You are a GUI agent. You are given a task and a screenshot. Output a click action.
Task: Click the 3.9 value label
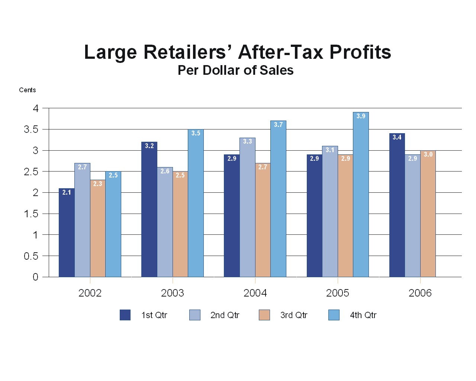361,116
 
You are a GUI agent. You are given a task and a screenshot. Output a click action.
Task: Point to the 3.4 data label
397,137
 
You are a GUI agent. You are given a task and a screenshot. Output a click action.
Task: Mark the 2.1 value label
67,192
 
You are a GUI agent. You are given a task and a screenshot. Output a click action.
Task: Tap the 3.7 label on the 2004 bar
278,125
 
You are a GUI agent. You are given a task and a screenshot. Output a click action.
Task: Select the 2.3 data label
97,184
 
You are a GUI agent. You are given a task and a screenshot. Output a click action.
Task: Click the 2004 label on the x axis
255,293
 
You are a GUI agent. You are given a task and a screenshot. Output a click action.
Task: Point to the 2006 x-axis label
420,293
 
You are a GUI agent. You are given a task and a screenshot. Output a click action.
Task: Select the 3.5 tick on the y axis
31,129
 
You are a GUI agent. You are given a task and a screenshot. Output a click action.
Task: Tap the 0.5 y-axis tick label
31,256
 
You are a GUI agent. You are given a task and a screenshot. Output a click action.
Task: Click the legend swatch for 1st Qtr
125,315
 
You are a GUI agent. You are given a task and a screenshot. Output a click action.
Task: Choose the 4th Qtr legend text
363,315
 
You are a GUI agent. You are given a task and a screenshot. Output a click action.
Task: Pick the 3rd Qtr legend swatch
264,315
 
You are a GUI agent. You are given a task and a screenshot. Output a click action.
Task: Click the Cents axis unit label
28,90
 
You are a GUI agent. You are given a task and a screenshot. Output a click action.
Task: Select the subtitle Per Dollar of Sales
235,70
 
